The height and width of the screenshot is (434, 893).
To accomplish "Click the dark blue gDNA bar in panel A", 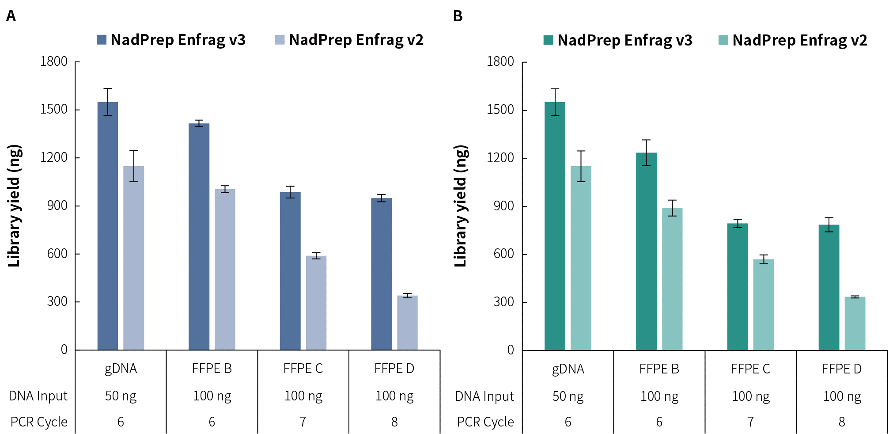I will (x=108, y=225).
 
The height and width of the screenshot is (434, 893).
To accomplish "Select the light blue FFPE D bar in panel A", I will (x=407, y=323).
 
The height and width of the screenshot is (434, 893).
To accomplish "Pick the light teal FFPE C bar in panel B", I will (x=764, y=305).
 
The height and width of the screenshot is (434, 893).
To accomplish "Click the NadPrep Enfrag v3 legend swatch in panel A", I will (x=102, y=40).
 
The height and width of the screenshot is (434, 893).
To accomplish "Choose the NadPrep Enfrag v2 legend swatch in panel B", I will (x=723, y=40).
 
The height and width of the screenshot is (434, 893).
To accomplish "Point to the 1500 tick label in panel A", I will (x=54, y=109).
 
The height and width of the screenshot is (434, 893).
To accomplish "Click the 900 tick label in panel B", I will (x=503, y=206).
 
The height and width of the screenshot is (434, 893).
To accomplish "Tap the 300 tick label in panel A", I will (x=57, y=301).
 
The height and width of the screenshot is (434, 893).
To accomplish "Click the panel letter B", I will (x=458, y=16).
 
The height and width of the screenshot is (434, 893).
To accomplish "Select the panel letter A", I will (x=11, y=16).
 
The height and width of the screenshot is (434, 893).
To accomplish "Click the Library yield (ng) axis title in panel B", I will (x=461, y=206).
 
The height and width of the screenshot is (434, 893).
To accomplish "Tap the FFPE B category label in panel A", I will (x=212, y=369).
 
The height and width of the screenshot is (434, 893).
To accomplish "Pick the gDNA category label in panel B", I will (x=568, y=369).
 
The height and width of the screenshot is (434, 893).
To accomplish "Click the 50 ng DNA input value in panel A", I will (x=121, y=396).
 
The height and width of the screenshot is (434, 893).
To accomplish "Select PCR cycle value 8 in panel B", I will (x=842, y=422).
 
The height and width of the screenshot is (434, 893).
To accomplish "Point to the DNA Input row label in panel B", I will (x=484, y=396).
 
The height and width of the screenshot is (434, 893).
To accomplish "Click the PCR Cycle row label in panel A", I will (x=39, y=422).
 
